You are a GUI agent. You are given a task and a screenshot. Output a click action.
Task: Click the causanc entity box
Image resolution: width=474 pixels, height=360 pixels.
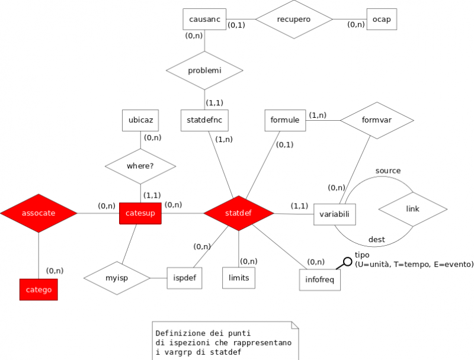point(204,20)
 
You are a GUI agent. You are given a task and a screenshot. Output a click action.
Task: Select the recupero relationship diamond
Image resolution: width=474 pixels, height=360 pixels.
point(294,20)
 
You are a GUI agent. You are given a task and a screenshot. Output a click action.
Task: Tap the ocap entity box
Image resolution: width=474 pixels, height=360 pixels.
point(381,20)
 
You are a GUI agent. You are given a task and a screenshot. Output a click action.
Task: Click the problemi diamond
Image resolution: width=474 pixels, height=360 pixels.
point(204,70)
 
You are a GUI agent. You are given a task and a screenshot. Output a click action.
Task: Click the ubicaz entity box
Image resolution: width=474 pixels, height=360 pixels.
point(140,120)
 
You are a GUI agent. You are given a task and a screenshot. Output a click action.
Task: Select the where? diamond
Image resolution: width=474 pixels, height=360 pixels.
point(140,166)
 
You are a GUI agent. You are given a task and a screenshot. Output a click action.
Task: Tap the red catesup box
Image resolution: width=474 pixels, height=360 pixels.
point(140,213)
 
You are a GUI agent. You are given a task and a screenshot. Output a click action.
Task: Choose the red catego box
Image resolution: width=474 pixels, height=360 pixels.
point(39,290)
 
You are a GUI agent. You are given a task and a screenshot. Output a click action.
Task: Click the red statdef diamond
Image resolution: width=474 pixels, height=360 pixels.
point(239,213)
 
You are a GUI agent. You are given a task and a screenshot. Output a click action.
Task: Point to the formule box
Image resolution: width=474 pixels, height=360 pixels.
point(284,120)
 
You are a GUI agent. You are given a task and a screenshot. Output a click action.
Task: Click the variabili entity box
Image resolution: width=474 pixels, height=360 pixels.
point(334,214)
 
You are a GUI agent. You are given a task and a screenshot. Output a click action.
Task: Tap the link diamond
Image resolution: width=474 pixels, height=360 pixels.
point(412,210)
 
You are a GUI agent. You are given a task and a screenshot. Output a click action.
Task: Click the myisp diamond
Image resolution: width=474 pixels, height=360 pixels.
point(116,278)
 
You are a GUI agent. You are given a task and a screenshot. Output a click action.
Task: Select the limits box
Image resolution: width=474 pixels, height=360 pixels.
point(239,278)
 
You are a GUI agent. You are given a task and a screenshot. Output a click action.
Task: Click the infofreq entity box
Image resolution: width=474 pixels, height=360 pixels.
point(320,280)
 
